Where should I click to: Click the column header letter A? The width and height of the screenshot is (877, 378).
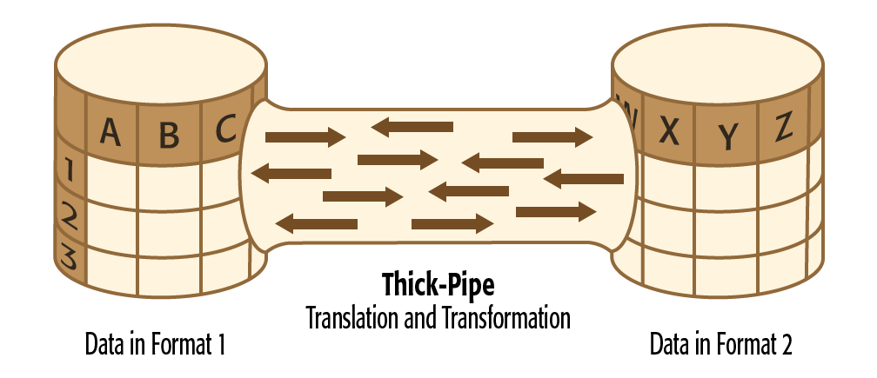(x=110, y=131)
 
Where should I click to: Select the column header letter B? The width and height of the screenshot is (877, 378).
(x=169, y=134)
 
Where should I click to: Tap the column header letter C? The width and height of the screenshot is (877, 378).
(x=225, y=130)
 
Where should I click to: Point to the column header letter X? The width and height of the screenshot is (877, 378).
(x=668, y=130)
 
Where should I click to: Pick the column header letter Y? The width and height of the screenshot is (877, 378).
(x=727, y=134)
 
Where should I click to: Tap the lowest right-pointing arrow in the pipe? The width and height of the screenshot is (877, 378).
(x=452, y=224)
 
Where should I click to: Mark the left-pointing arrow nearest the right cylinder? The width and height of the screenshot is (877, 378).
(x=584, y=179)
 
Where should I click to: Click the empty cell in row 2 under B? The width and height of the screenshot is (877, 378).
(x=169, y=222)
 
